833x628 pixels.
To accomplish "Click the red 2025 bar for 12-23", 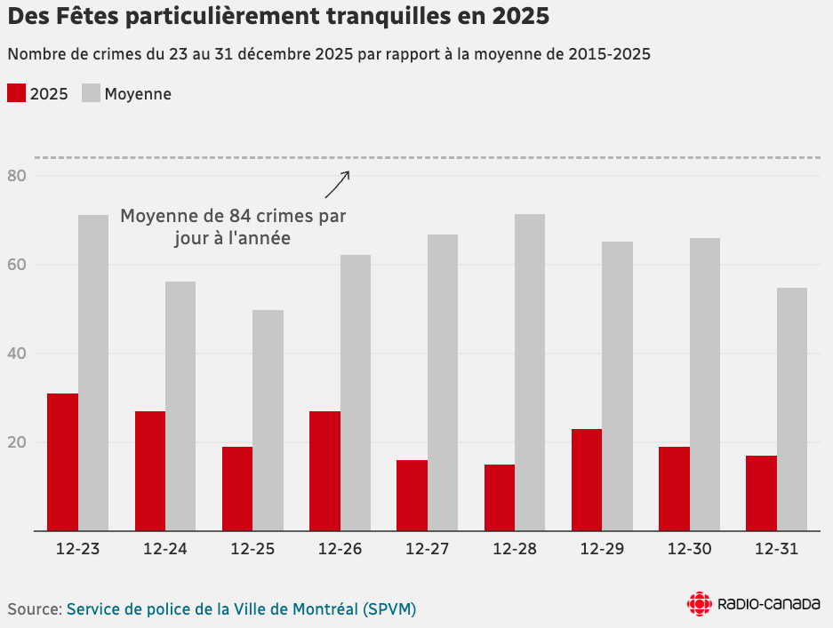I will [62, 462].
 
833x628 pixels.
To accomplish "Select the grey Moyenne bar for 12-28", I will [530, 372].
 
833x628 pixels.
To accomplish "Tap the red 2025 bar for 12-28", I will [500, 497].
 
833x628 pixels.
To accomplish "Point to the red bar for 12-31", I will [761, 493].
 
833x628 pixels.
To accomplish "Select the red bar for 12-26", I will [324, 471].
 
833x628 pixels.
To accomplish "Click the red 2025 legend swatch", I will [16, 93].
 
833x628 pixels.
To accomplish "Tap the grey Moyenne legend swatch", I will [91, 93].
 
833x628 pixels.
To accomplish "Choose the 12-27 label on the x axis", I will [427, 550].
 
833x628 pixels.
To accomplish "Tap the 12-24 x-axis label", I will [165, 550].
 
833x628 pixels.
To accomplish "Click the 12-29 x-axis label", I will [601, 550].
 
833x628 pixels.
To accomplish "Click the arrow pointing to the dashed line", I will [337, 185].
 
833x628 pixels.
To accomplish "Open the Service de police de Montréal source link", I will [241, 609].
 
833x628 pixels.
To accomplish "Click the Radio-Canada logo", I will [753, 604].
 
